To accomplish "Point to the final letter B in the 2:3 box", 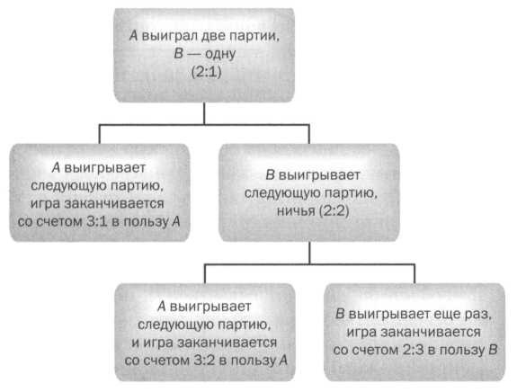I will tap(491, 352).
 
